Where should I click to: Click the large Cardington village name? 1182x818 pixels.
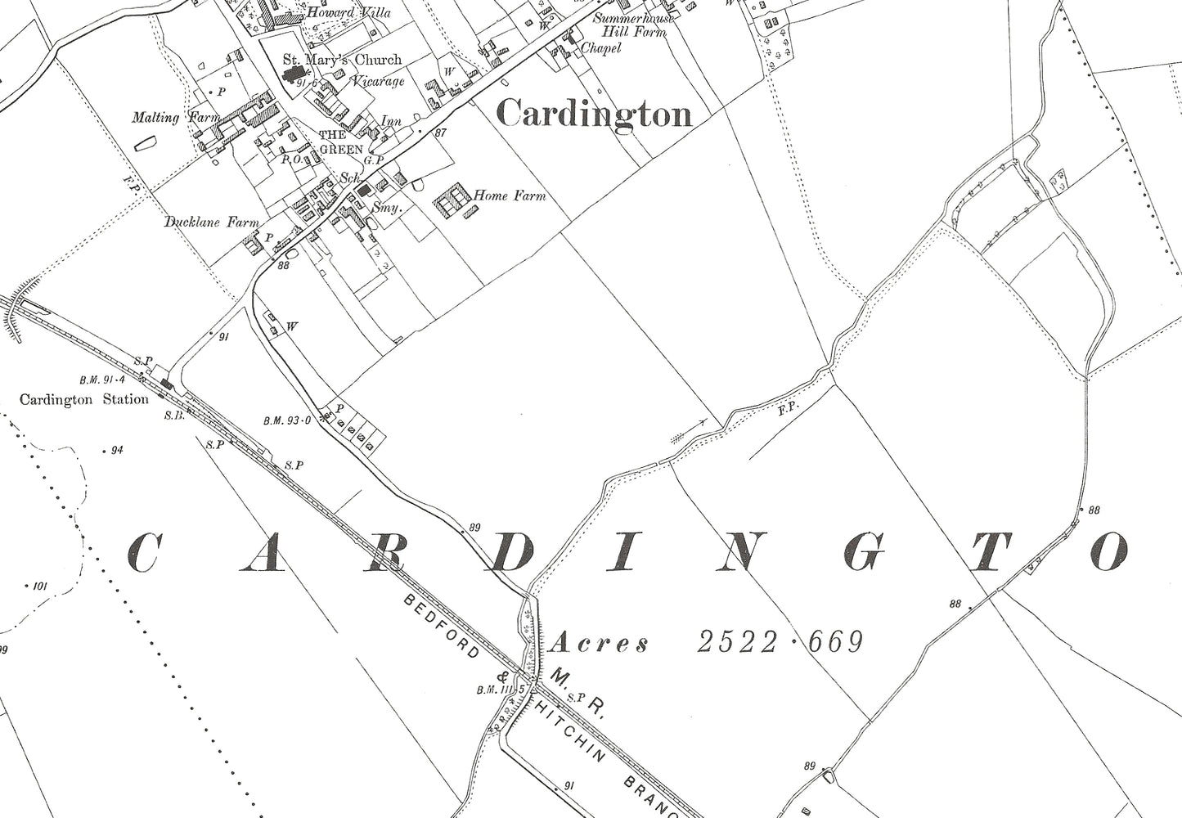(595, 113)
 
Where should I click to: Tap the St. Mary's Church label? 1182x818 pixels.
(342, 59)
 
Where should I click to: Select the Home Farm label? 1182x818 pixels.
(510, 196)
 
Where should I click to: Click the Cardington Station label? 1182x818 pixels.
(84, 399)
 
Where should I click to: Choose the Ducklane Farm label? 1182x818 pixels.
(211, 222)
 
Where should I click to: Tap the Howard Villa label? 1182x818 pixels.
(337, 13)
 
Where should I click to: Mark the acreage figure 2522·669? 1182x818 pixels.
(780, 642)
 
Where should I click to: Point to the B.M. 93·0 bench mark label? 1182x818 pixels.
(288, 421)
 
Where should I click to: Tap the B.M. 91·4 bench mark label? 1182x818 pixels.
(101, 380)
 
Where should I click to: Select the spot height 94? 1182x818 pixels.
(116, 450)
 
